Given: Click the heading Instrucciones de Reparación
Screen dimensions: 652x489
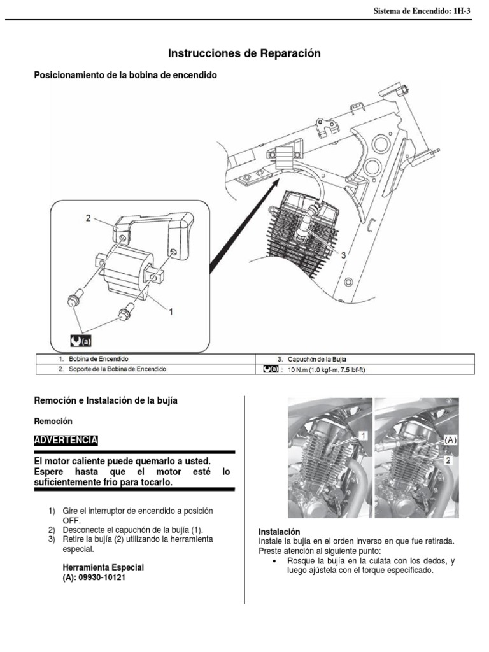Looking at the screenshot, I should (x=244, y=53).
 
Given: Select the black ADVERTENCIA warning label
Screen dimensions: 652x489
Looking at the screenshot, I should (x=66, y=440).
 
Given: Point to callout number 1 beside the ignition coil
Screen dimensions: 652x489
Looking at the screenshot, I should (x=170, y=310).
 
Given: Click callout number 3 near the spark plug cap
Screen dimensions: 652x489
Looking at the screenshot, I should (x=344, y=254).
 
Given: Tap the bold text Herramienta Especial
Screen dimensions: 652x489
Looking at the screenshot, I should (x=103, y=567).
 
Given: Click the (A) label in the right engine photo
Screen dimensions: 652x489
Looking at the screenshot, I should (x=450, y=440).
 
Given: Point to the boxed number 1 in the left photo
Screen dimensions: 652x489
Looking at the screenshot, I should (x=362, y=435).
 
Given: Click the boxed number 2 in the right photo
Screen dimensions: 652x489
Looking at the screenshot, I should (x=448, y=459).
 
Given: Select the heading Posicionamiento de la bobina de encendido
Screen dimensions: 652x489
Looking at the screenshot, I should (x=125, y=75).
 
